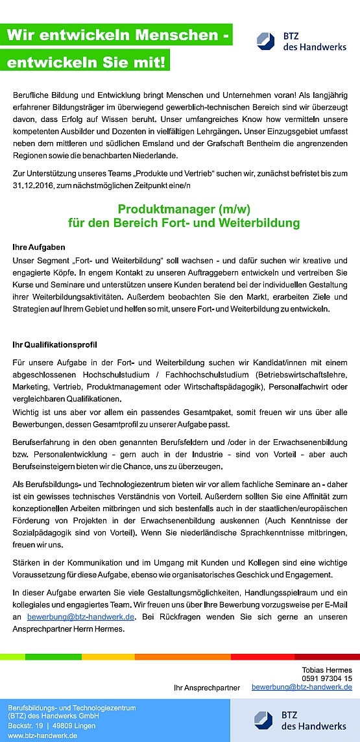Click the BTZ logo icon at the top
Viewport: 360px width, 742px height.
pyautogui.click(x=266, y=41)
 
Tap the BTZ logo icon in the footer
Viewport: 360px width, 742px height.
pyautogui.click(x=263, y=720)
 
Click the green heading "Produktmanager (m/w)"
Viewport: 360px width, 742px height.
pyautogui.click(x=184, y=209)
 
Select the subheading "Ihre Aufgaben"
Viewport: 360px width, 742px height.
pyautogui.click(x=38, y=247)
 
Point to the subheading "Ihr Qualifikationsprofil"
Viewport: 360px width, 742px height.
pyautogui.click(x=54, y=343)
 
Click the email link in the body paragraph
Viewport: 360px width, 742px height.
pyautogui.click(x=81, y=617)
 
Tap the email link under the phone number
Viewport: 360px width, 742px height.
pyautogui.click(x=302, y=686)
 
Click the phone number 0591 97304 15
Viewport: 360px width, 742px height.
pyautogui.click(x=327, y=678)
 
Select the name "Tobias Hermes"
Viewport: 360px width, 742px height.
pyautogui.click(x=327, y=670)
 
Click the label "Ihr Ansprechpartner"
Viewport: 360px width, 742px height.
pyautogui.click(x=207, y=687)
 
